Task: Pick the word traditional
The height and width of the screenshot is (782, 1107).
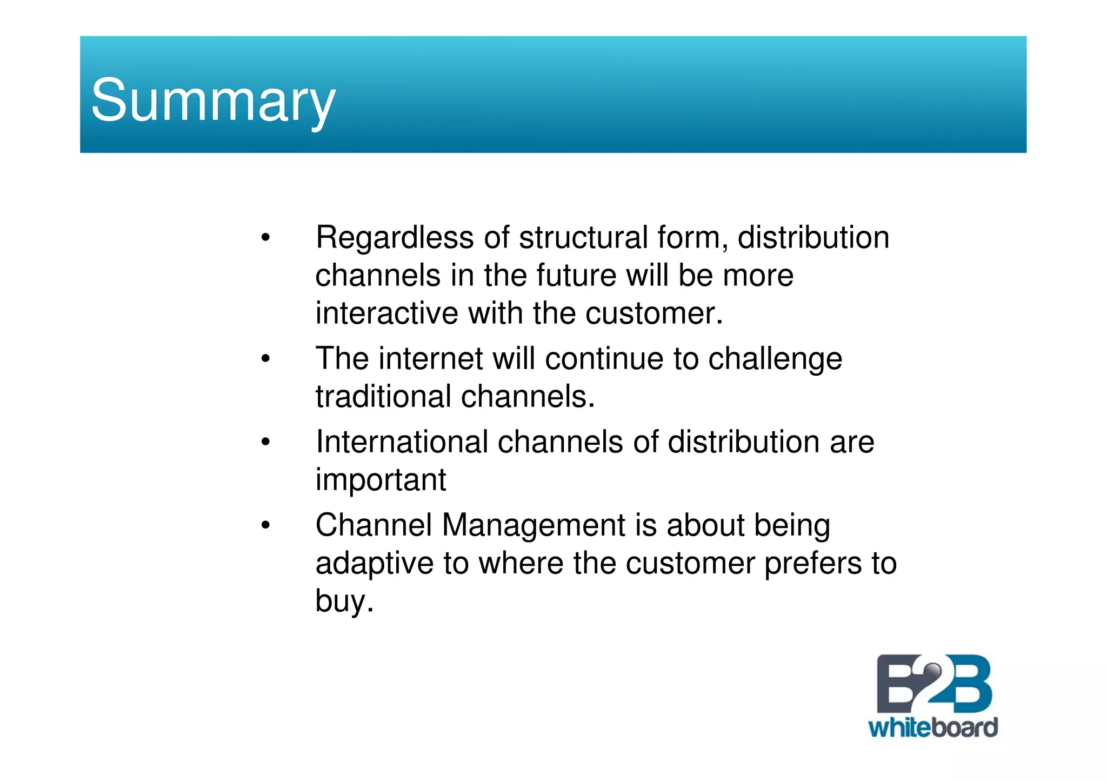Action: click(383, 397)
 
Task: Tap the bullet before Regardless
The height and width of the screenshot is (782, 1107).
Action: click(265, 238)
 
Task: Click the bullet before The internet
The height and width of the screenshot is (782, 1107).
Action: click(265, 359)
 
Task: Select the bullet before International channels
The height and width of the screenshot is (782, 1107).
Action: click(265, 442)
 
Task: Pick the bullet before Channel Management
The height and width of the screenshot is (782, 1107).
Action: click(265, 525)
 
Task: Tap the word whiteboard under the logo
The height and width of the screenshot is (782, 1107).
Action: click(932, 728)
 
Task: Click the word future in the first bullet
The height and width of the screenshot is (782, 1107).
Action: click(576, 276)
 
